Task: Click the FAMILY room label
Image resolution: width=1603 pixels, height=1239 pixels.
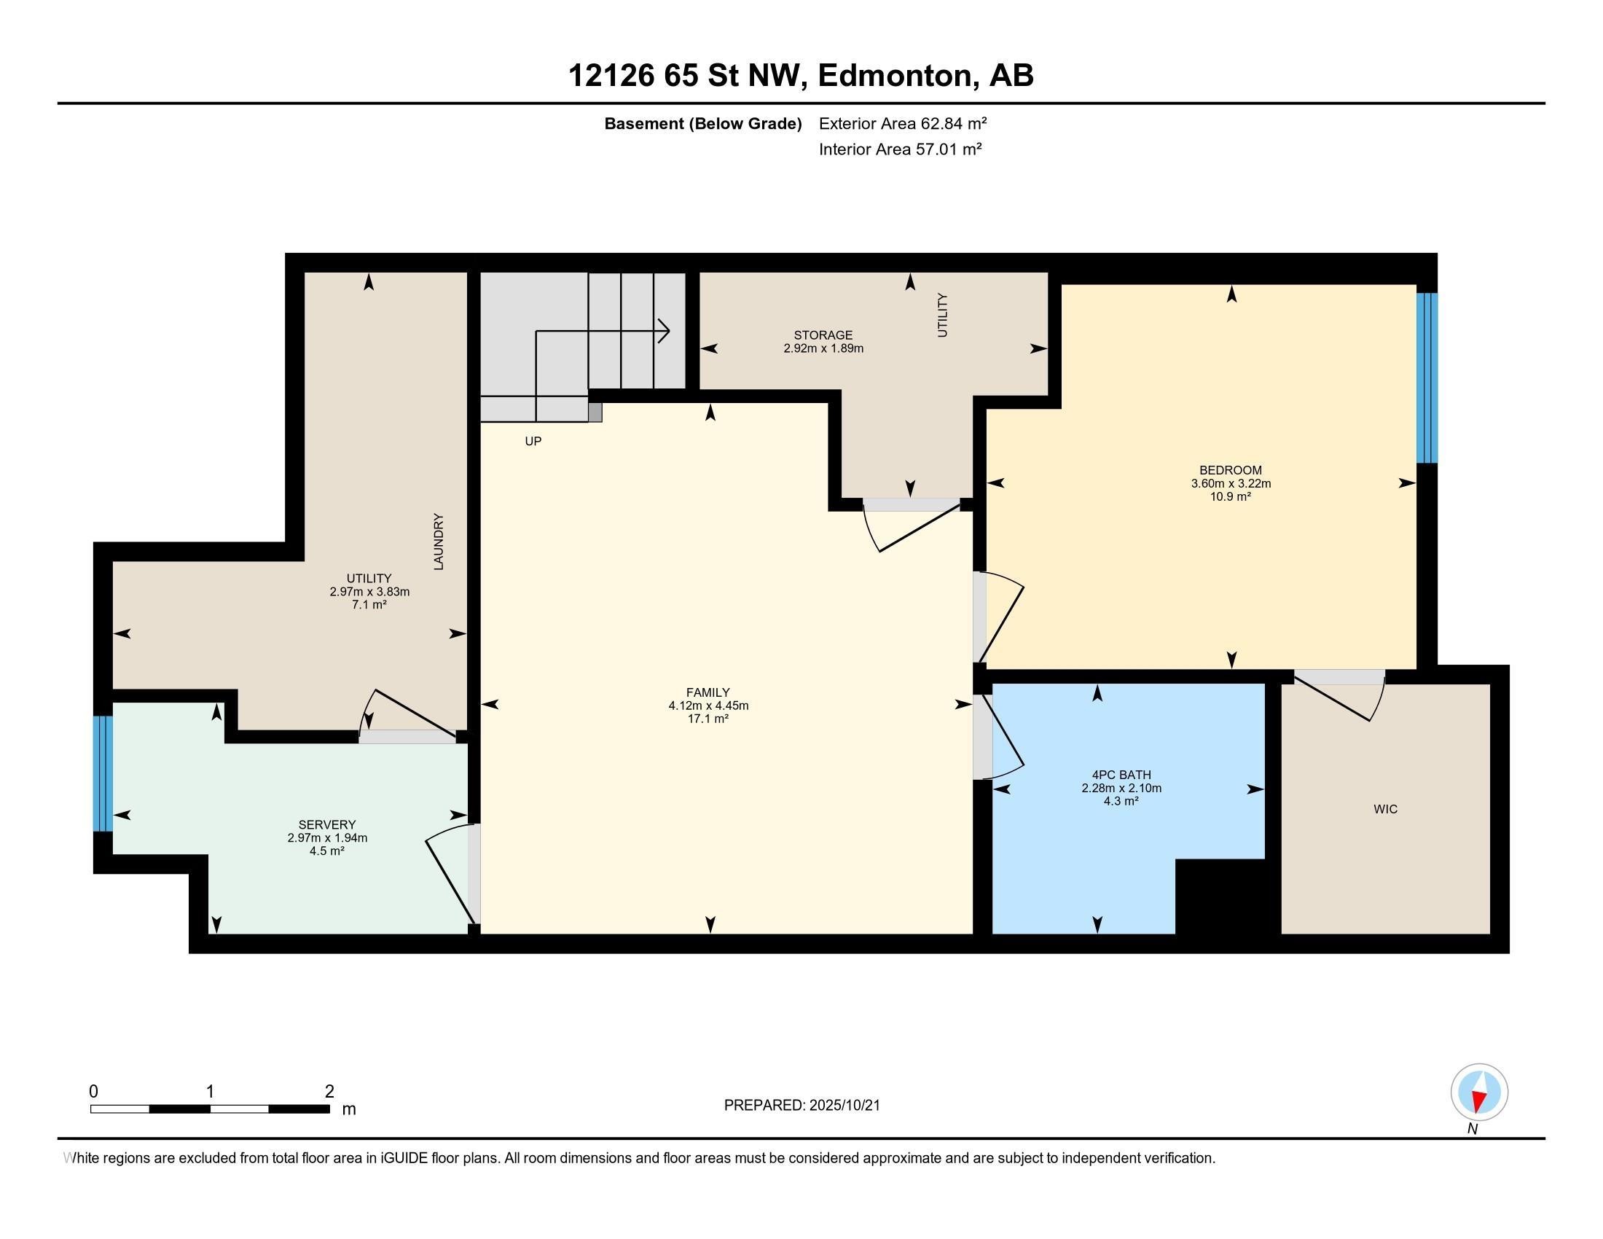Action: (x=708, y=692)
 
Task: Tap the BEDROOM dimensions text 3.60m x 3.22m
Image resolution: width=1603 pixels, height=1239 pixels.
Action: (x=1231, y=484)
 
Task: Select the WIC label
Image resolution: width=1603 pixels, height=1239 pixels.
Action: (x=1385, y=809)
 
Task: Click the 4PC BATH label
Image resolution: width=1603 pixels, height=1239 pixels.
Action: (x=1121, y=774)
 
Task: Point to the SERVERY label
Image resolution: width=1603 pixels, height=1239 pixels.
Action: (x=326, y=824)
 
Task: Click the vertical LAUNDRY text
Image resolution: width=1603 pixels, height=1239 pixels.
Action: (x=439, y=542)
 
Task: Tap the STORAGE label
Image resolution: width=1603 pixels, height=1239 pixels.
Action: (x=823, y=335)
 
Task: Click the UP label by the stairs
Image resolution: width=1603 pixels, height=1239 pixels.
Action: (x=533, y=441)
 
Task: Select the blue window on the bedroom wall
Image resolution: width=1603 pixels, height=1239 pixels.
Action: (x=1426, y=378)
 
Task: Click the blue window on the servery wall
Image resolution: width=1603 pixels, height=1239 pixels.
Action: (x=103, y=773)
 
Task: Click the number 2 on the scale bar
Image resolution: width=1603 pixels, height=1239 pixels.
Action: (x=329, y=1091)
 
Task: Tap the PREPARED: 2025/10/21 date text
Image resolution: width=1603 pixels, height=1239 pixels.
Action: (x=801, y=1105)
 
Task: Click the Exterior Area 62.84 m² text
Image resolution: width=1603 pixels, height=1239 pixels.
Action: (x=902, y=123)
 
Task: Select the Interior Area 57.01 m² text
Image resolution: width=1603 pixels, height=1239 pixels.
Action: (x=900, y=149)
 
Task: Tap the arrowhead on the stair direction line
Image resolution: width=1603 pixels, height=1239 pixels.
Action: (x=665, y=331)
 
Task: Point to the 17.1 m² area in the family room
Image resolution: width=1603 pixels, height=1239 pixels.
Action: (x=708, y=719)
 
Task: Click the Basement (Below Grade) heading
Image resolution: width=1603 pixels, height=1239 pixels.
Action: (x=702, y=123)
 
